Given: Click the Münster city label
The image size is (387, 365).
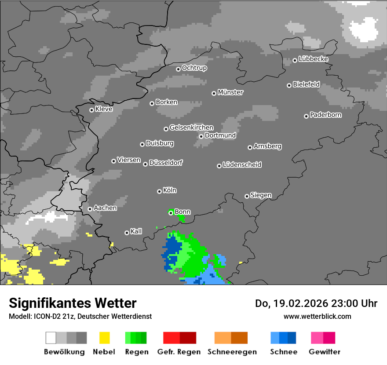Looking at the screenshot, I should point(230,92).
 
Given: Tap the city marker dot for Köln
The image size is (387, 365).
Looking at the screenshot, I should point(159,191).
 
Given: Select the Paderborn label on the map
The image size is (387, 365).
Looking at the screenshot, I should point(325,115).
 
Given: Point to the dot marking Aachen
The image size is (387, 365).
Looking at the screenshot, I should point(90,209).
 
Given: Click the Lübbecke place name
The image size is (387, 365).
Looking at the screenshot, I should point(313,59).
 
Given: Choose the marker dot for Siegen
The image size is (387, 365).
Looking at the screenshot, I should point(247,196).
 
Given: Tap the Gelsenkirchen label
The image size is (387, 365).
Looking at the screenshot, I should point(191,128).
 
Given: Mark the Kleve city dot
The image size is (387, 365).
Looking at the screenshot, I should point(91,110).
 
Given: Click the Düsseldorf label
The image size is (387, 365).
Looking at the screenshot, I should point(166,163).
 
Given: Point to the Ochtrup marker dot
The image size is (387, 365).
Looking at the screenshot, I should point(178,69).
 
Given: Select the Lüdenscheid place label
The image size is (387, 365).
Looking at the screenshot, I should point(242,165).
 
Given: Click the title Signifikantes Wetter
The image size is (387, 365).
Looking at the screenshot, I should point(73,303).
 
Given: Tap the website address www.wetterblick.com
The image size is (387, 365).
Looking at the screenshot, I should point(317,316).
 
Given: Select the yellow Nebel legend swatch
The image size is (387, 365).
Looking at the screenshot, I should point(104,338).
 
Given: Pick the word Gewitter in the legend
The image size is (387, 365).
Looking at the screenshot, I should point(325,352).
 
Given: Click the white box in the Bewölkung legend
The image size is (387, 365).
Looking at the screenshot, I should point(51,338).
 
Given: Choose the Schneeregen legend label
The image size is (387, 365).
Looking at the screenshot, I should point(230,352).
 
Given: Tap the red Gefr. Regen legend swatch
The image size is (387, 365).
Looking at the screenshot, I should point(171,338).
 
